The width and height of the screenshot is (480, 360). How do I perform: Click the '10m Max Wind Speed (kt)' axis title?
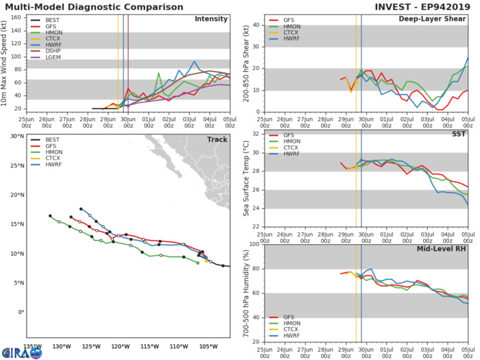5,63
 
